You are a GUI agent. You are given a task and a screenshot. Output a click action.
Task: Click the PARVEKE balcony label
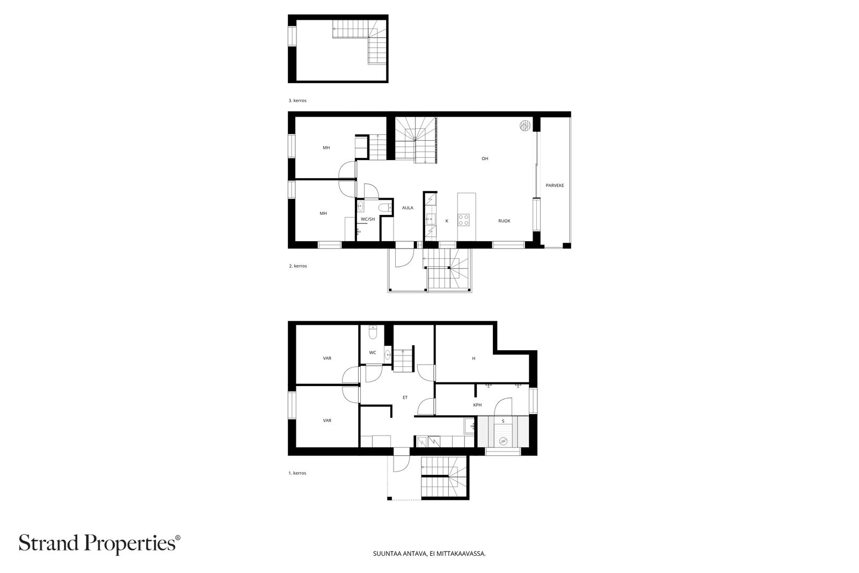pos(555,185)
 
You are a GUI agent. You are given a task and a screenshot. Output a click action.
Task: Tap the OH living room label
pos(485,158)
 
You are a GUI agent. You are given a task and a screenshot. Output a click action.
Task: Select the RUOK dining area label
pos(504,221)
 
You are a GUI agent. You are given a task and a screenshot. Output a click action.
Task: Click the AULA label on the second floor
pos(407,208)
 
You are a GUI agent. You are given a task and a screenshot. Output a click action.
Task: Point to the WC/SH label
pos(368,220)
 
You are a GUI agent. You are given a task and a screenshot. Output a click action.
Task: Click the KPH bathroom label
pos(477,405)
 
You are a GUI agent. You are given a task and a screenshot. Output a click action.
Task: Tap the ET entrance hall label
pos(405,398)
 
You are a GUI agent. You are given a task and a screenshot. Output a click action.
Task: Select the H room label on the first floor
pos(474,359)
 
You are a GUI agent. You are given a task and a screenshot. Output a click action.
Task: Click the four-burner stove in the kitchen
pos(463,220)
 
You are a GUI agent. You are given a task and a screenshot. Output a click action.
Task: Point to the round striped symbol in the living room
pos(525,126)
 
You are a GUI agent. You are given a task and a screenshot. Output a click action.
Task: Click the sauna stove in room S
pos(503,441)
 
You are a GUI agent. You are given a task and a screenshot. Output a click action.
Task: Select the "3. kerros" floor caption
pos(297,100)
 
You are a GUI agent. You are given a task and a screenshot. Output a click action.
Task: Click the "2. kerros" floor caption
pos(298,266)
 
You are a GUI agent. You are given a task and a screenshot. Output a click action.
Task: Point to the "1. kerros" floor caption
pos(297,473)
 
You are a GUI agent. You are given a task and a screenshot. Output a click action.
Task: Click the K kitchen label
pos(447,221)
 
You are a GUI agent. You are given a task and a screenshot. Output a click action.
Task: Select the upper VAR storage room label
pos(327,358)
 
